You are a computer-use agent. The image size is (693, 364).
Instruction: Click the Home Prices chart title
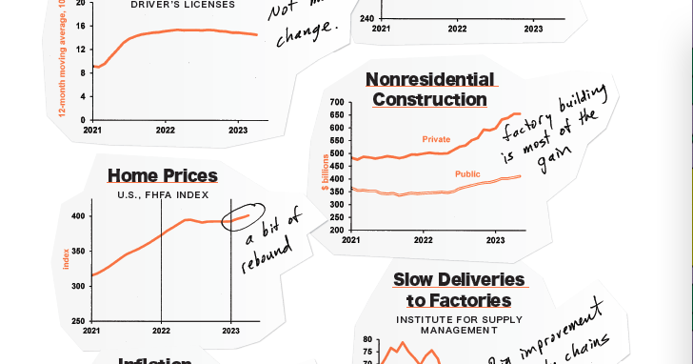click(163, 175)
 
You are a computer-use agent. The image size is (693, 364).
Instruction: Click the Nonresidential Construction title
click(430, 90)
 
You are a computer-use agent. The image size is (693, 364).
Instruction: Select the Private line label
click(436, 139)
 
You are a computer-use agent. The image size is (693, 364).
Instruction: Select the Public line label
click(467, 173)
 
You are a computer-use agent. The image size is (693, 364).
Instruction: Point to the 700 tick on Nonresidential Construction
click(336, 102)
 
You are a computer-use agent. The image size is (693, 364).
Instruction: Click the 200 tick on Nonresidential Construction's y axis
click(336, 230)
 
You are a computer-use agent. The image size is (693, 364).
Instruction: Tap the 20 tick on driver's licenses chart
click(80, 4)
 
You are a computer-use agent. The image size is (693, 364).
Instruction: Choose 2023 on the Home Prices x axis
click(231, 331)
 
